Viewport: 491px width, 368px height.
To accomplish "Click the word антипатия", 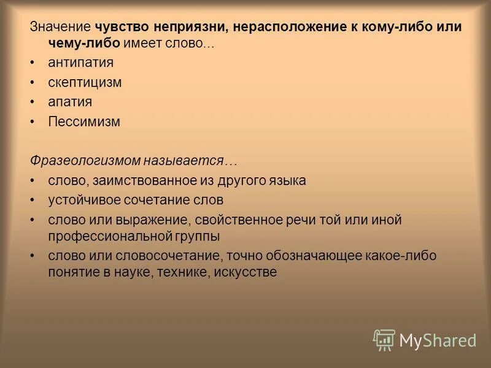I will pos(80,63).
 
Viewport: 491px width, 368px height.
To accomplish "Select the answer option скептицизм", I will pos(85,82).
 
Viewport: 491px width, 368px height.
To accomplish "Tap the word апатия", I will pos(70,102).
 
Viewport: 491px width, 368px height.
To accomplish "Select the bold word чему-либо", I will pos(84,44).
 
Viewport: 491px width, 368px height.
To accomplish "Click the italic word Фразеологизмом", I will pos(85,161).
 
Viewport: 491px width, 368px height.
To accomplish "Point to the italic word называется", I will pos(190,161).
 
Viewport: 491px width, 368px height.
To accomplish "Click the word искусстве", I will pos(245,272).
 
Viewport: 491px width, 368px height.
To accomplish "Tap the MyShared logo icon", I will pos(384,339).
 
